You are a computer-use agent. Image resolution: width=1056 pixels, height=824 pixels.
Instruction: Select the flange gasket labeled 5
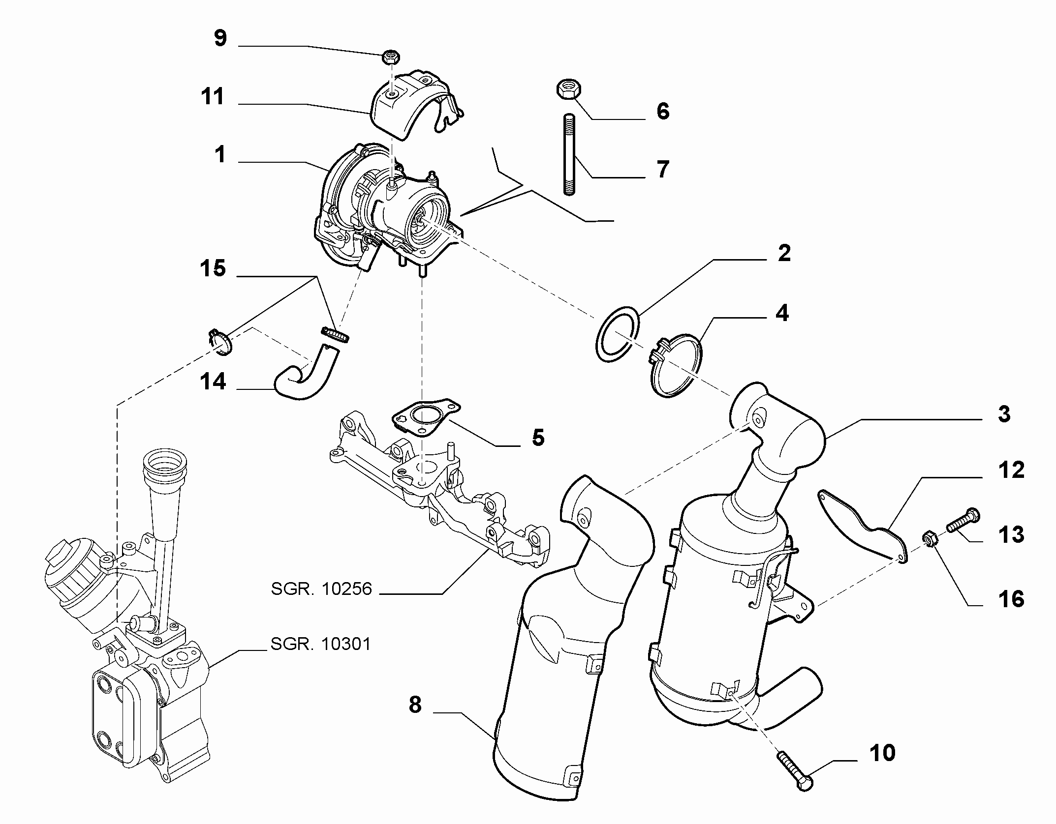coord(426,418)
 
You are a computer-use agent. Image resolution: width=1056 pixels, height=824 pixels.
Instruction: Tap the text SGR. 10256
coord(321,589)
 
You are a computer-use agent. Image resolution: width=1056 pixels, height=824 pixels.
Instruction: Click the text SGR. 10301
coord(321,644)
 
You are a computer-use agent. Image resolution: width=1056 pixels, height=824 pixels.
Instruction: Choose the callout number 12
coord(1011,471)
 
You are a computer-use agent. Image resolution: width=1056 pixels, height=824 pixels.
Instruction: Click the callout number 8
coord(415,706)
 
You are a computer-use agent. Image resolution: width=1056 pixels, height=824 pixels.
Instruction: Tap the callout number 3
coord(1004,414)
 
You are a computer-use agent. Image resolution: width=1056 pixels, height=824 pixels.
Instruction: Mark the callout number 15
coord(213,269)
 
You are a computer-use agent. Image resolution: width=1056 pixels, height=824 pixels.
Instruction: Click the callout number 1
coord(220,154)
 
